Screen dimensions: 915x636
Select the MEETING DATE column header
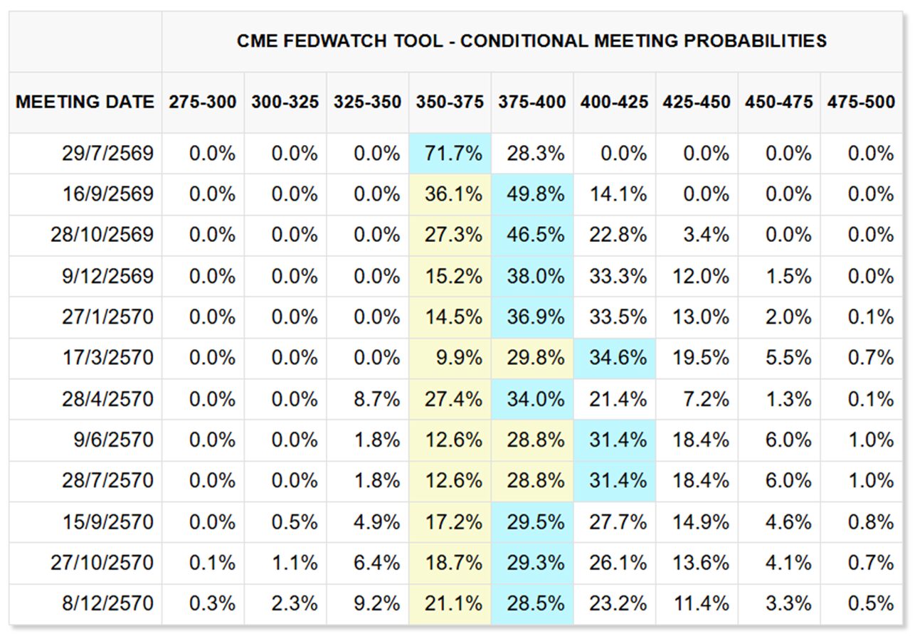click(85, 102)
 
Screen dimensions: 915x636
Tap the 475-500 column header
click(861, 102)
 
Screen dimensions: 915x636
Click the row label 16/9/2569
click(108, 194)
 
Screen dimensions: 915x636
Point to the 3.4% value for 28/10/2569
click(707, 235)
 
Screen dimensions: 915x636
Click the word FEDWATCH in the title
click(335, 41)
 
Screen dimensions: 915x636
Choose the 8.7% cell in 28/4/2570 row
click(377, 399)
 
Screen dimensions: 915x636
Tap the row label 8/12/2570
click(108, 603)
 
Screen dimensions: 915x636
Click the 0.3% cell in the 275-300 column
click(213, 603)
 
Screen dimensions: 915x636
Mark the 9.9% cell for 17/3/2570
click(459, 358)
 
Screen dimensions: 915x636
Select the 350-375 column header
click(450, 102)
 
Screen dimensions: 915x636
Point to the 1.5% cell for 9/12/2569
click(788, 276)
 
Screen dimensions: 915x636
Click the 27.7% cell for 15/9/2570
click(618, 522)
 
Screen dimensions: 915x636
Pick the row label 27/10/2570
click(102, 563)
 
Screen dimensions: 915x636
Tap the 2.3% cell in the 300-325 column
click(295, 603)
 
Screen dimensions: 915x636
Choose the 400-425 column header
click(614, 102)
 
